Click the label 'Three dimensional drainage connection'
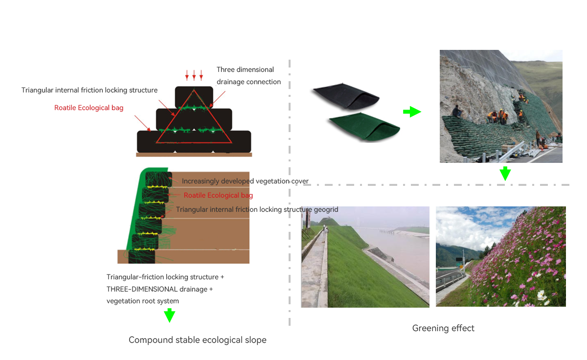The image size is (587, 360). coord(248,76)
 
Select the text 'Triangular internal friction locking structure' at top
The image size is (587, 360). coord(90,90)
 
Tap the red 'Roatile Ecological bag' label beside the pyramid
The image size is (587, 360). coord(89,108)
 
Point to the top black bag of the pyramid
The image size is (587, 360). coord(194,94)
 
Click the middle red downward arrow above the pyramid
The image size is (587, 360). coord(194,75)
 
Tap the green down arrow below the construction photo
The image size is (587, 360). coord(505,174)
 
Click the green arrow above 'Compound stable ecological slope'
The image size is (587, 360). coord(169,315)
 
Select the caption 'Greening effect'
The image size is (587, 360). coord(443,328)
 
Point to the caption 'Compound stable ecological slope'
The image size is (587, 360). coord(198,340)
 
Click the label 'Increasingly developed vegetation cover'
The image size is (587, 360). coord(245,181)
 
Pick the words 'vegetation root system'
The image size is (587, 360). coord(143,301)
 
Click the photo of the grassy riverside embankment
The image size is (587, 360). coord(365,257)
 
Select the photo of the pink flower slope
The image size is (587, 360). coord(500,257)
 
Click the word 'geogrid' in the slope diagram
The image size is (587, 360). coord(325,209)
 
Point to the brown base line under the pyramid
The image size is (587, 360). coord(194,155)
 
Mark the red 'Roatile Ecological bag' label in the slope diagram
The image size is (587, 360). coord(218,195)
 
